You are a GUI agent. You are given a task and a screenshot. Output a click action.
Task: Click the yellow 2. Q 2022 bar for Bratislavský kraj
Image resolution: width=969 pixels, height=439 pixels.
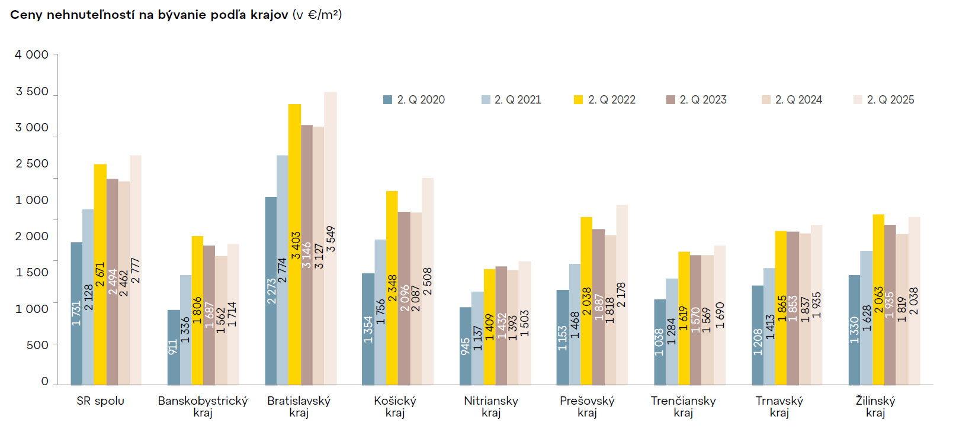(294, 177)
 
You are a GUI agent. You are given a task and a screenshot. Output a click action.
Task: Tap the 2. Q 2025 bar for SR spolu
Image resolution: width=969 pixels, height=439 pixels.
(135, 207)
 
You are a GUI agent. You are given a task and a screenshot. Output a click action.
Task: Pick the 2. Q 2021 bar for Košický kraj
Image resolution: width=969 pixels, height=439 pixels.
(380, 278)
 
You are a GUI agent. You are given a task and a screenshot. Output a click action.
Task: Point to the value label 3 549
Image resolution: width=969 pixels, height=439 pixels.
(331, 239)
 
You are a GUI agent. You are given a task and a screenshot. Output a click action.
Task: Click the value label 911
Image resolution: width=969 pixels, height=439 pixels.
(173, 347)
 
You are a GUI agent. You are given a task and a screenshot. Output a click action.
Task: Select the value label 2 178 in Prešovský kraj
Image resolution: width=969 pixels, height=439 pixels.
(621, 295)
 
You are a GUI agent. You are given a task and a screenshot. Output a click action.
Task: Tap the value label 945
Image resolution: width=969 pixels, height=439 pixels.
(465, 346)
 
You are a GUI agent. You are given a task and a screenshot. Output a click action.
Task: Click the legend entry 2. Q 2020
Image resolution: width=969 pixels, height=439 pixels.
(415, 100)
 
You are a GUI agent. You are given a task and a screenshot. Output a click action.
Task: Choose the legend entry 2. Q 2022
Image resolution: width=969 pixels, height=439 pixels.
(605, 100)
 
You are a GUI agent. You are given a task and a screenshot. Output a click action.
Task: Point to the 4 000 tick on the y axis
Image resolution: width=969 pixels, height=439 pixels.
(32, 54)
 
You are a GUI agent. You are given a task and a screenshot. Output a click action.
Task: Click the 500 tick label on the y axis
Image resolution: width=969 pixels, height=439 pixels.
(37, 345)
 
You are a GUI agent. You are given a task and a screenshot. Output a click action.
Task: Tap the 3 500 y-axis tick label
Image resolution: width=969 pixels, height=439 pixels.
(32, 91)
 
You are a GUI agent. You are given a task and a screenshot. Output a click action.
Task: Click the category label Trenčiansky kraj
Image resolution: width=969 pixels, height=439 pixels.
(683, 406)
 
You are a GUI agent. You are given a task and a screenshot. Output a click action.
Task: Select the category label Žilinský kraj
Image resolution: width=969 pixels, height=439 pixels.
(875, 406)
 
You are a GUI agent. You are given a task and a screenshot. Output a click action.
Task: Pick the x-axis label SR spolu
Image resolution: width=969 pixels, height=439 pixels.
(100, 401)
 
